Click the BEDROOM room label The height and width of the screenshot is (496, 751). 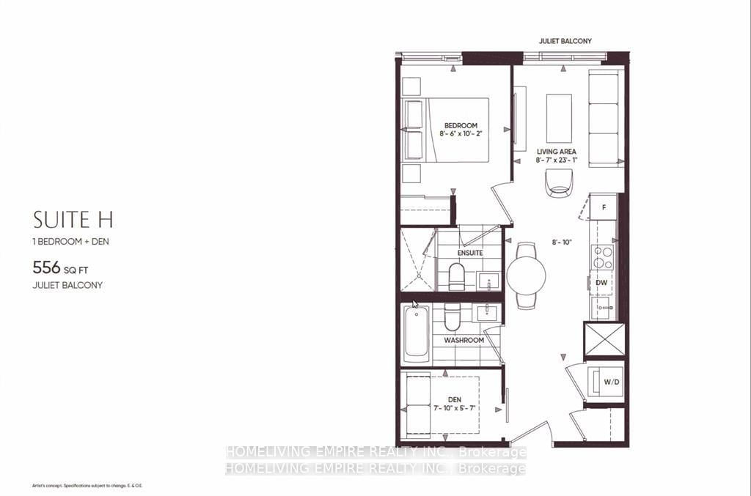(460, 125)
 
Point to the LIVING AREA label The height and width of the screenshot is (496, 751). (556, 151)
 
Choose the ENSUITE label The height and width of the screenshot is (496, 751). (470, 253)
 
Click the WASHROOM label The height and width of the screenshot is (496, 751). (464, 340)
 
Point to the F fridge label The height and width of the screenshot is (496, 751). (603, 207)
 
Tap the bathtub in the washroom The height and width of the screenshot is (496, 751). (416, 333)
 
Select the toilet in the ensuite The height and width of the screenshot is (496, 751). (455, 276)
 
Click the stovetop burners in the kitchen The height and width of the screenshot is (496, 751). (603, 257)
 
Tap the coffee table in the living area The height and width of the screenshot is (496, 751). (560, 118)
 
